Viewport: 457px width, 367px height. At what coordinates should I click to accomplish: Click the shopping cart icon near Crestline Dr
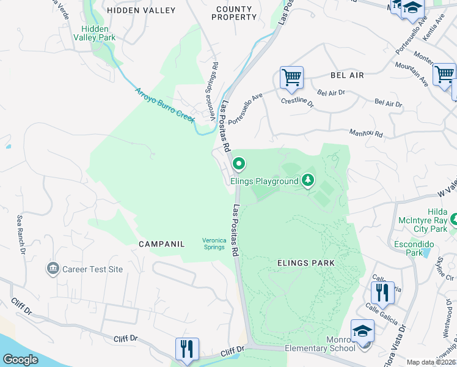pyautogui.click(x=291, y=78)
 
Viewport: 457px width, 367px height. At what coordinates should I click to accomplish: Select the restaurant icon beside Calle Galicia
pyautogui.click(x=382, y=292)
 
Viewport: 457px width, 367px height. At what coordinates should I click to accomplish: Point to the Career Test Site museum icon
pyautogui.click(x=53, y=269)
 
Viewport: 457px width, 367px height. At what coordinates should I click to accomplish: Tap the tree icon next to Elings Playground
pyautogui.click(x=309, y=180)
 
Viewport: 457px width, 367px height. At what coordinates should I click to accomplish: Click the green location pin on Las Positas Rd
pyautogui.click(x=239, y=164)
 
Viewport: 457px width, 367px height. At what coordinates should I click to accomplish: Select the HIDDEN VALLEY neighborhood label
pyautogui.click(x=141, y=10)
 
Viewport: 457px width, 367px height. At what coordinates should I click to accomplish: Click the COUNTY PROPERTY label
pyautogui.click(x=234, y=13)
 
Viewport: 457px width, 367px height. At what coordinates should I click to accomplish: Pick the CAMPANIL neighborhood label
pyautogui.click(x=161, y=244)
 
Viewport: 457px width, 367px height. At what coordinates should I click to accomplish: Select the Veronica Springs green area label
pyautogui.click(x=214, y=244)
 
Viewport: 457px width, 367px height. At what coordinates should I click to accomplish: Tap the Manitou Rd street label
pyautogui.click(x=365, y=133)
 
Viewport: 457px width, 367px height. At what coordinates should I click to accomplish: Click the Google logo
pyautogui.click(x=21, y=360)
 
